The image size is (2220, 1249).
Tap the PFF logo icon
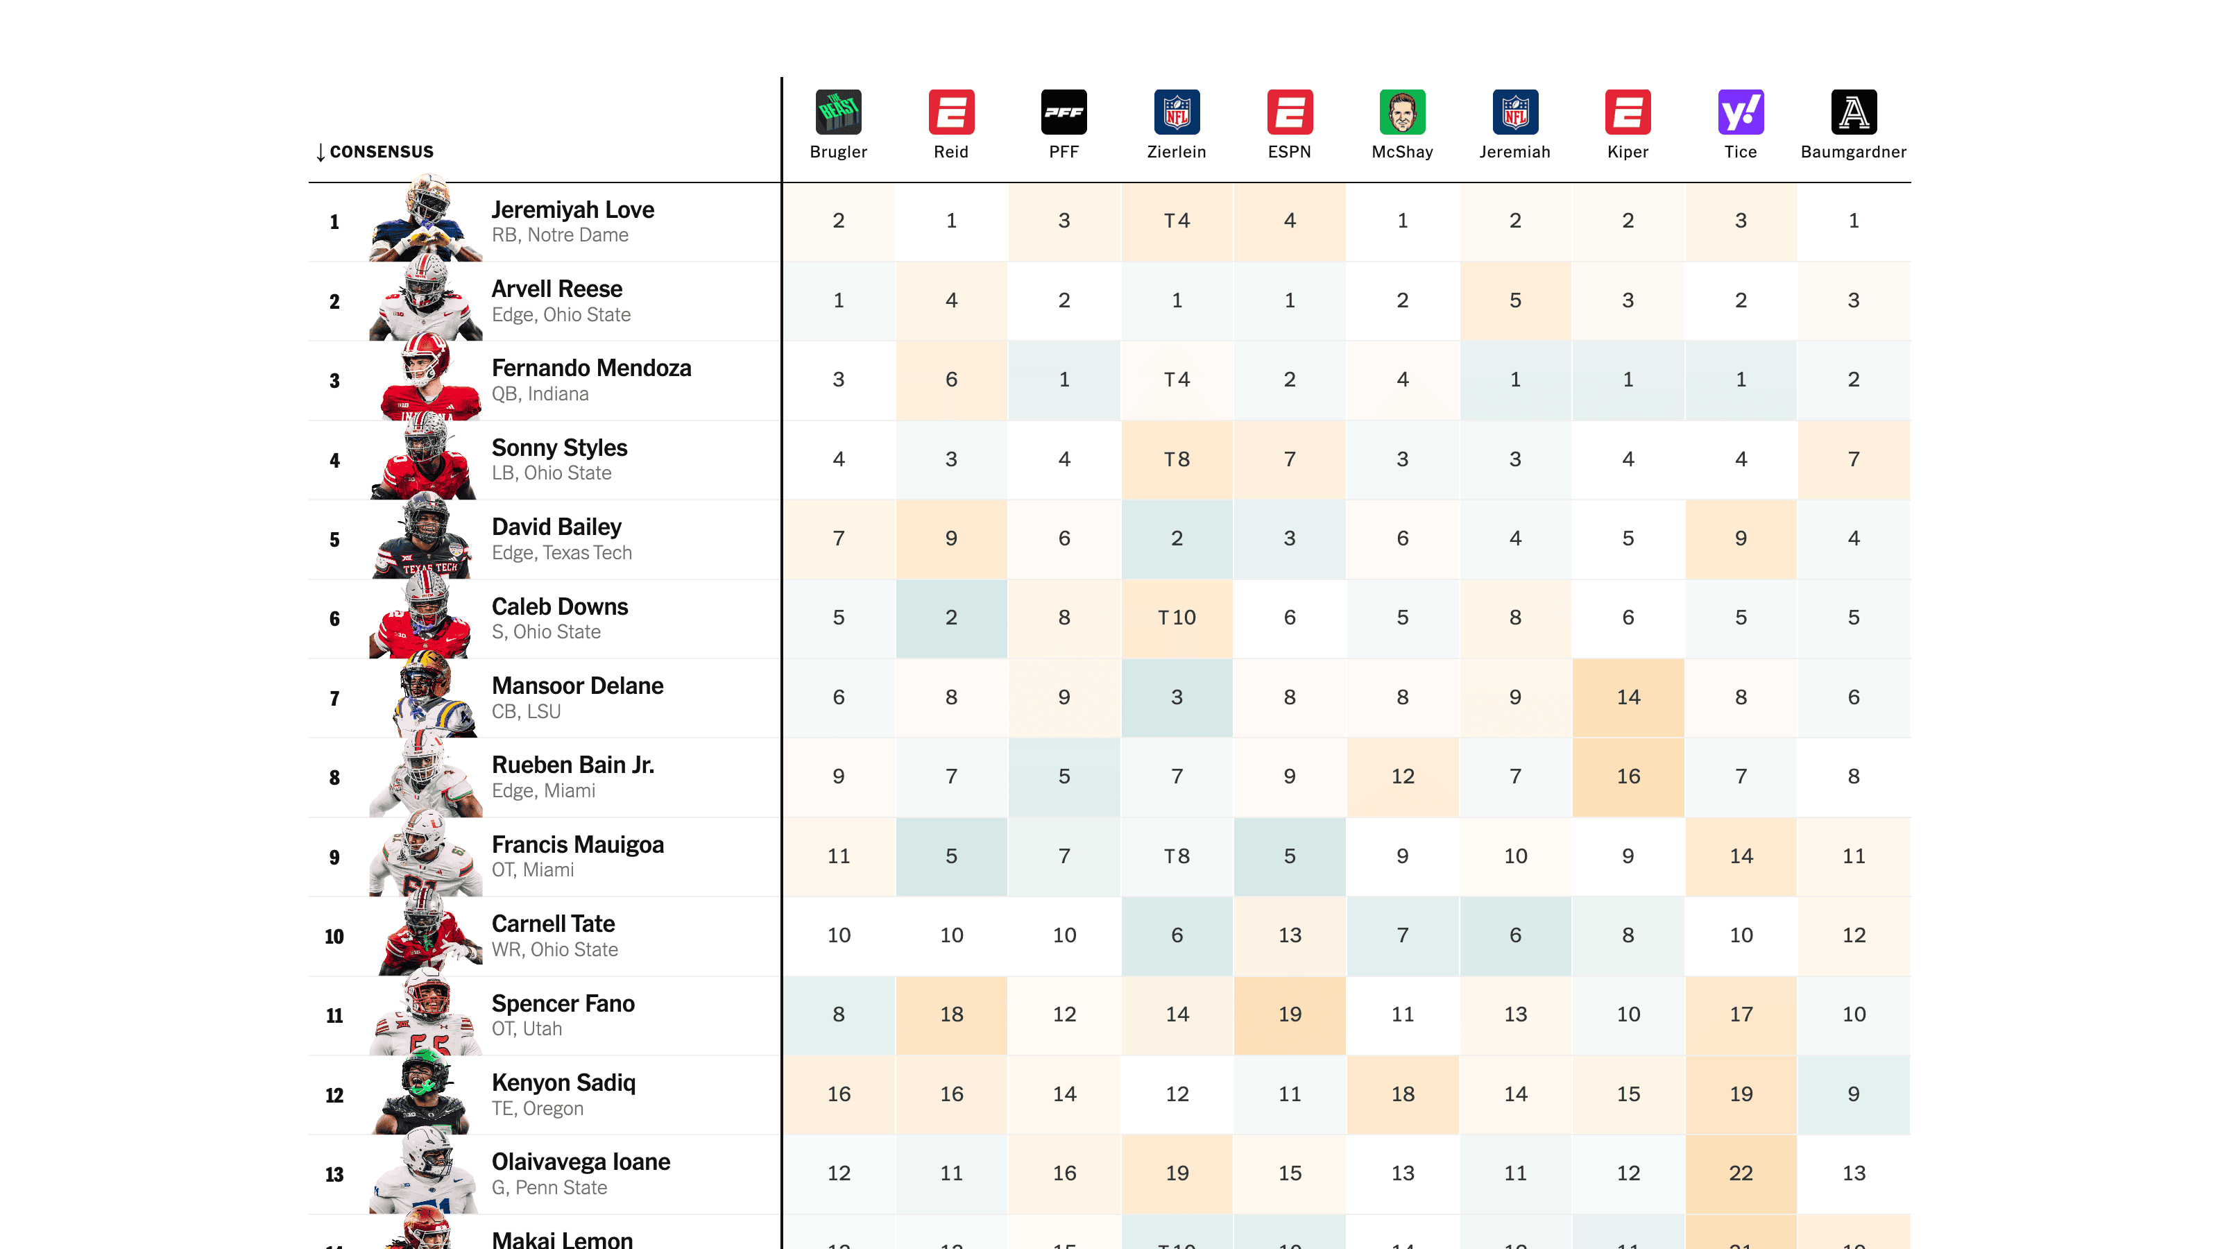click(x=1064, y=112)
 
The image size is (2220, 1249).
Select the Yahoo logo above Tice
click(x=1740, y=112)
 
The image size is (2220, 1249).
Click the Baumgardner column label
click(x=1853, y=152)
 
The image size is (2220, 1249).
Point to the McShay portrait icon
click(x=1402, y=112)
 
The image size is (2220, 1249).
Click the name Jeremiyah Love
click(x=572, y=210)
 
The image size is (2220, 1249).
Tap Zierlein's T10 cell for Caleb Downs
click(x=1177, y=617)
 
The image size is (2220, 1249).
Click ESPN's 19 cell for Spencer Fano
click(x=1289, y=1014)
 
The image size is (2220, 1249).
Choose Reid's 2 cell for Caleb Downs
click(x=951, y=617)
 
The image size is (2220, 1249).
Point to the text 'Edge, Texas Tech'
click(x=561, y=552)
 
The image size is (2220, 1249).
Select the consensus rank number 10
click(x=334, y=936)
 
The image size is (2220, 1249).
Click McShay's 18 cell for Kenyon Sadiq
click(x=1402, y=1094)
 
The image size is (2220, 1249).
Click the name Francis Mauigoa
click(x=577, y=844)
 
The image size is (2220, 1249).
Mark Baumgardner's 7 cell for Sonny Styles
click(x=1853, y=459)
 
